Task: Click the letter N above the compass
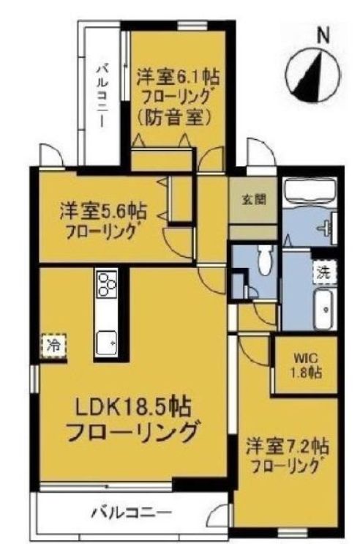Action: click(322, 34)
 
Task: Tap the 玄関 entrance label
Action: click(252, 199)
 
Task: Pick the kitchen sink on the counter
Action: click(107, 340)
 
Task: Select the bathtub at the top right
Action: click(308, 193)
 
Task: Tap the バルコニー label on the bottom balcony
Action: click(130, 512)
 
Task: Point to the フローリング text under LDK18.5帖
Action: click(132, 433)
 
